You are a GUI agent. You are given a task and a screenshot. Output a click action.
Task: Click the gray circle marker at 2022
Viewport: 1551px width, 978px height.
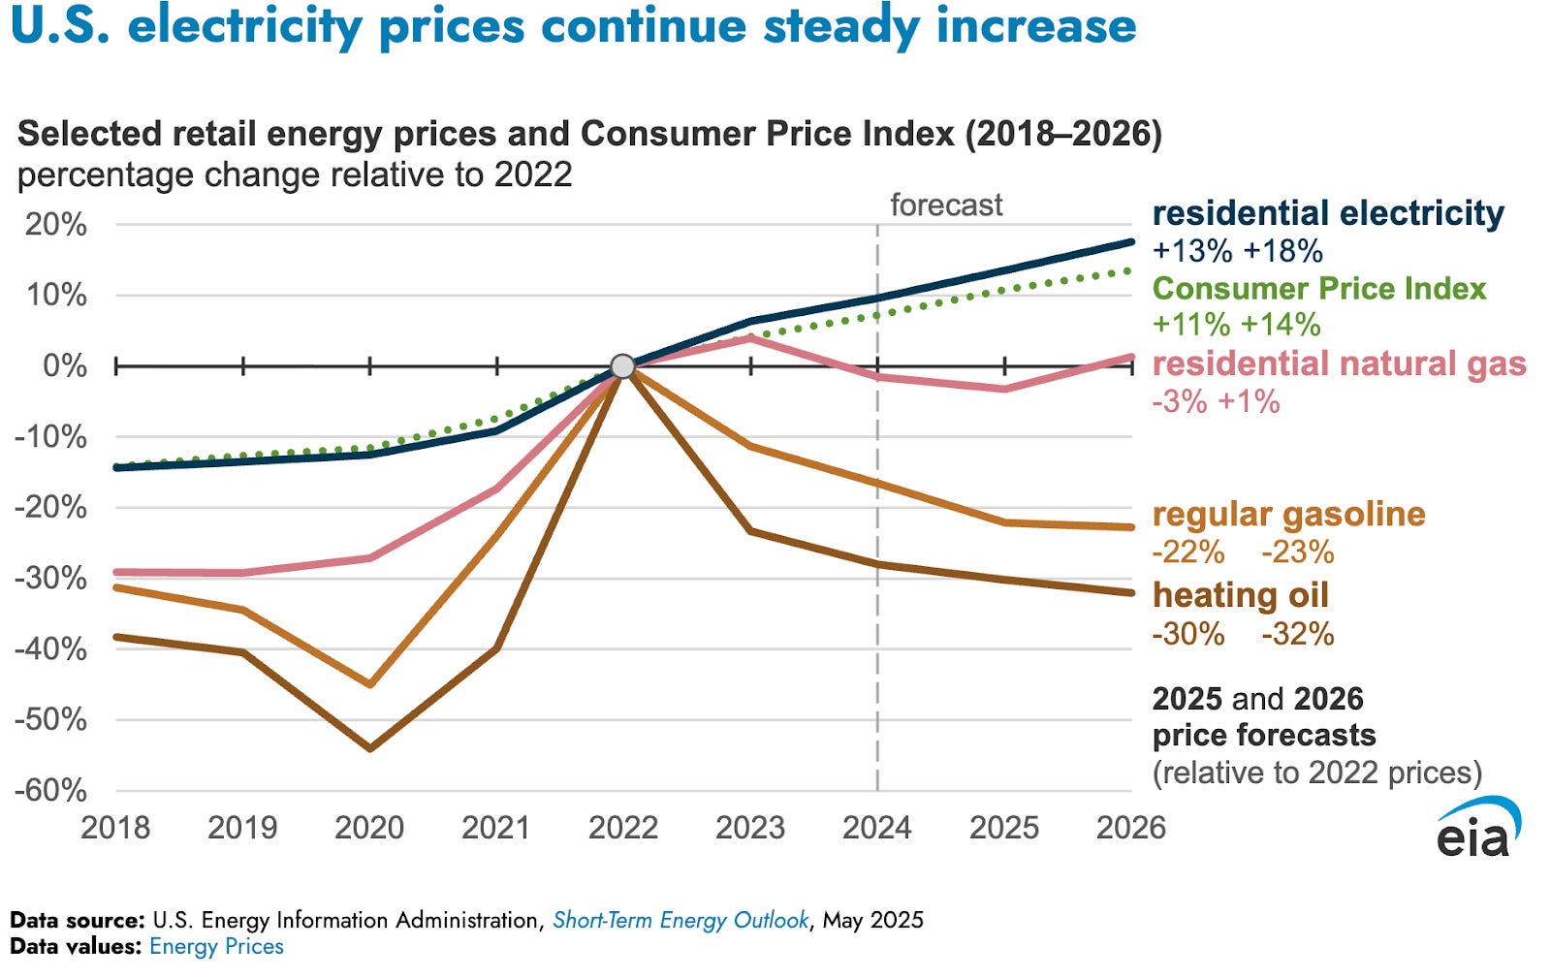[x=623, y=366]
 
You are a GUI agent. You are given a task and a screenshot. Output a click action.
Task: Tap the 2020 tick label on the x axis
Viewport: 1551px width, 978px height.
[x=369, y=828]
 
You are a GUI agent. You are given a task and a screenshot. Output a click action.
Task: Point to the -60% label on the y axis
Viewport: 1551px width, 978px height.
[x=51, y=790]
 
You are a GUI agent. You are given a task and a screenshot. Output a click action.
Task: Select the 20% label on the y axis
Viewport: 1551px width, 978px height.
[x=57, y=225]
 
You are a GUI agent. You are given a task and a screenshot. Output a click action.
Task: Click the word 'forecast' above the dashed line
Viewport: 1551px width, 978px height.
[x=946, y=205]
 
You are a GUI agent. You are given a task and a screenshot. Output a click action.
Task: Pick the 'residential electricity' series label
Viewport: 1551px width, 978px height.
[x=1328, y=213]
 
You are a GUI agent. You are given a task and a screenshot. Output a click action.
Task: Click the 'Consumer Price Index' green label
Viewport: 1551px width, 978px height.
[x=1319, y=289]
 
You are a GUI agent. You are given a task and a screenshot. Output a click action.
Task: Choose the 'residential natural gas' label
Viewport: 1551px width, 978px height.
[x=1339, y=364]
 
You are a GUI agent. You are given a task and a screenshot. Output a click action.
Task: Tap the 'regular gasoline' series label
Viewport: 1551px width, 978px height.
[x=1288, y=515]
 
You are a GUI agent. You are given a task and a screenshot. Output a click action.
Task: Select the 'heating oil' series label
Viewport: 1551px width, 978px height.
[x=1240, y=595]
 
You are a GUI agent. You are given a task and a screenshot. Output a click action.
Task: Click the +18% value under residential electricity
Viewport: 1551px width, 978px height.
[x=1283, y=250]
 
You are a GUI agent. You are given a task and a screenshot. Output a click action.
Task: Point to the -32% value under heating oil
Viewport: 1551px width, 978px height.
[x=1298, y=634]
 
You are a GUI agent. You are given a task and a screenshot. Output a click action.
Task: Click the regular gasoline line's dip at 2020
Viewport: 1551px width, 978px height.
[x=369, y=684]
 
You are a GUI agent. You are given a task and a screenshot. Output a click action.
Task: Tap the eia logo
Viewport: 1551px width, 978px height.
[x=1477, y=828]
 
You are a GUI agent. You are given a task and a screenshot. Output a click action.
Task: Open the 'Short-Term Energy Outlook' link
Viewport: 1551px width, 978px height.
[x=680, y=920]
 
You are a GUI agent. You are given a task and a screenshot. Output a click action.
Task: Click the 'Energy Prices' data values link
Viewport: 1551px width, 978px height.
[x=216, y=946]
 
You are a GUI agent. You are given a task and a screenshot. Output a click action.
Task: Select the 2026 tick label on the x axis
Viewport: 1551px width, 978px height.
[x=1130, y=828]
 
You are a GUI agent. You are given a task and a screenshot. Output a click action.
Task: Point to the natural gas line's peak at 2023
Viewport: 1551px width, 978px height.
[x=750, y=337]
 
